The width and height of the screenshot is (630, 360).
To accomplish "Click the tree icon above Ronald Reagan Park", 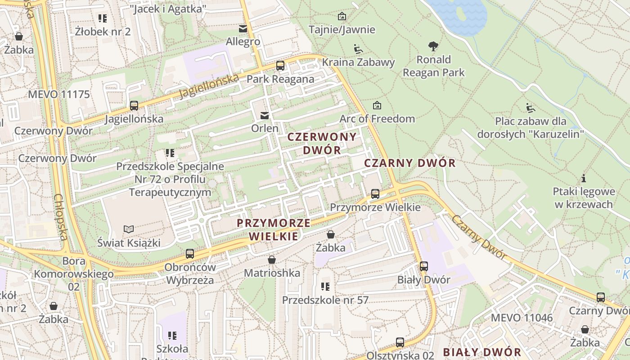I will tap(433, 46).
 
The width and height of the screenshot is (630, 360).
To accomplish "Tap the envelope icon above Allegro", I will tap(243, 29).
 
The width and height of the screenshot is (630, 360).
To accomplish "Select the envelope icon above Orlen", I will tap(265, 116).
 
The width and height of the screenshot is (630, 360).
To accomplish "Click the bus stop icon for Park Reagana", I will tap(280, 66).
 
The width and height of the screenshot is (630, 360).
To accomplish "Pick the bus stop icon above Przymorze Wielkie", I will tap(375, 194).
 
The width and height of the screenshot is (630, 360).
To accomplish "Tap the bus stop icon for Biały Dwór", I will tap(424, 266).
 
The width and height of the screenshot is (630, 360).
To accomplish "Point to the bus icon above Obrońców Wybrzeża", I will tap(190, 253).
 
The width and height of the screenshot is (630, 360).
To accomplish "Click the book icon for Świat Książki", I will tap(129, 229).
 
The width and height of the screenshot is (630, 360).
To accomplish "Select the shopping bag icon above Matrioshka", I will tap(271, 260).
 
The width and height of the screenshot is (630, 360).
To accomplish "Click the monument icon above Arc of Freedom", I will tap(377, 105).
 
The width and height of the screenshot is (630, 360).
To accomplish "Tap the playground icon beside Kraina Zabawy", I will tap(358, 49).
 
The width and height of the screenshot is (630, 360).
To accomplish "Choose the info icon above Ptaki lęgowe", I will tap(584, 178).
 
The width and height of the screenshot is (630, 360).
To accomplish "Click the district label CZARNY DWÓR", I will tap(409, 163).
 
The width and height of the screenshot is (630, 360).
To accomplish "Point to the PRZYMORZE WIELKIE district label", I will tap(274, 229).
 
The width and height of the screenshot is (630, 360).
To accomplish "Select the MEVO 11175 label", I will tap(59, 94).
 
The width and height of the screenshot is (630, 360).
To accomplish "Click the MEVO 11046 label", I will tap(522, 318).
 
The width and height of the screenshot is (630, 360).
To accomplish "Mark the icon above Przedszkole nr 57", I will tap(325, 287).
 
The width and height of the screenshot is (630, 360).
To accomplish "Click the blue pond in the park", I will tap(459, 13).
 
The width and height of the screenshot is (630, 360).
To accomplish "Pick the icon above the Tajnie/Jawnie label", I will tap(342, 16).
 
